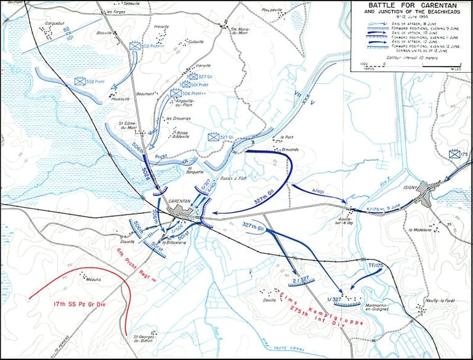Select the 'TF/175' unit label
point(376,266)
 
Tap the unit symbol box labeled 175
point(456,154)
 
